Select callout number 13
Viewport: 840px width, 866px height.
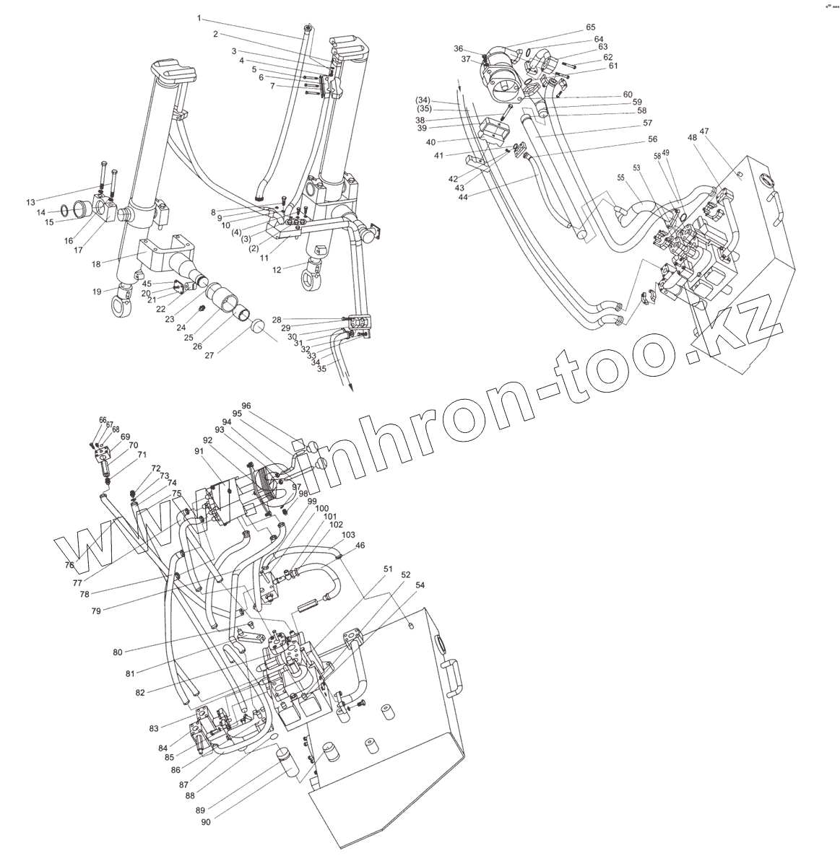point(30,201)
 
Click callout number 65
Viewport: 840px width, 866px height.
point(590,27)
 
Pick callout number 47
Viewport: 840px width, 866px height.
point(703,131)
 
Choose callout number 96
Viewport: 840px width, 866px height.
point(246,406)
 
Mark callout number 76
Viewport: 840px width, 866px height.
point(69,565)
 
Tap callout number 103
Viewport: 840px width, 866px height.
point(348,535)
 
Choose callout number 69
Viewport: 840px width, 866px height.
point(125,437)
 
